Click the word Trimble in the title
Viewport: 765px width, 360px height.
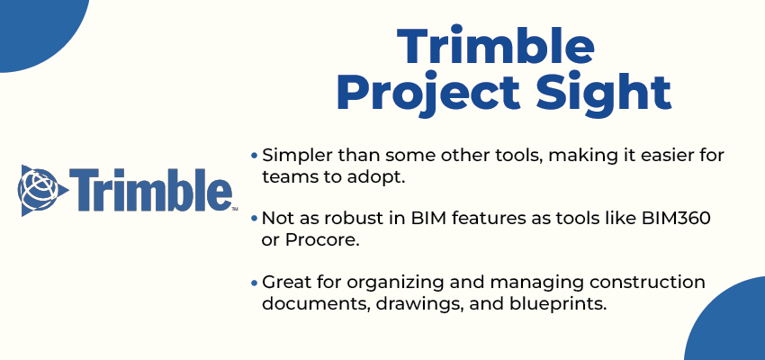tap(496, 47)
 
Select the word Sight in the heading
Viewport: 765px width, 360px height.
tap(605, 94)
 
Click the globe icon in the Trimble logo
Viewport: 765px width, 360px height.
tap(42, 190)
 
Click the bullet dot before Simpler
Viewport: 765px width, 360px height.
tap(254, 156)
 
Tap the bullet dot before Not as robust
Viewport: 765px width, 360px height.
tap(254, 219)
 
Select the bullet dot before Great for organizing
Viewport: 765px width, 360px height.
tap(254, 282)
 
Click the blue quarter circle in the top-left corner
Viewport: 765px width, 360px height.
tap(39, 31)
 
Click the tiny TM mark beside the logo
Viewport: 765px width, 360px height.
tap(235, 209)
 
